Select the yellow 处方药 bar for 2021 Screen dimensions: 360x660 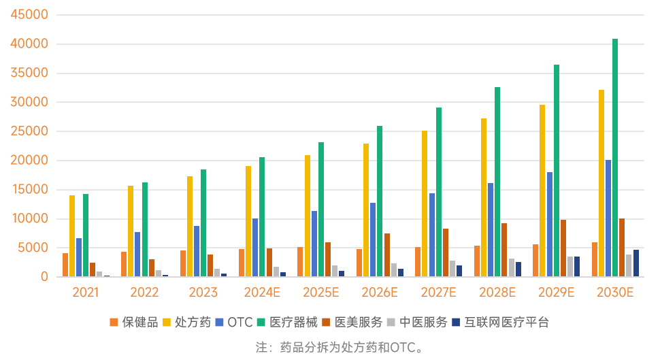coord(72,236)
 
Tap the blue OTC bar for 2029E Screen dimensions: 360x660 coord(550,225)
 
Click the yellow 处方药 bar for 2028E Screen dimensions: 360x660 coord(484,197)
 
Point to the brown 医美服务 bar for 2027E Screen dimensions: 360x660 coord(446,252)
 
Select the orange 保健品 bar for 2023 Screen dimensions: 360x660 coord(183,263)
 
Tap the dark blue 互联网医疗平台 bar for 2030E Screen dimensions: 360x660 coord(636,263)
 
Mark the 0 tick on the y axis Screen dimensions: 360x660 coord(44,277)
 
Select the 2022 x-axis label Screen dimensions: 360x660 coord(144,293)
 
